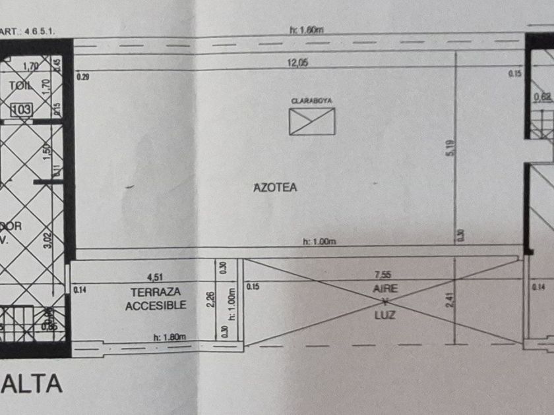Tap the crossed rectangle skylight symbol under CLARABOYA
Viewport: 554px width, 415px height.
tap(311, 121)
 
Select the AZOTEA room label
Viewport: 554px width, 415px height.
tap(275, 187)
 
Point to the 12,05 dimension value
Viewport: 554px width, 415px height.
tap(297, 63)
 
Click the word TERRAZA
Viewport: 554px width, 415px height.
tap(156, 292)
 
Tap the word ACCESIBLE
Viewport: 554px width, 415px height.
tap(156, 305)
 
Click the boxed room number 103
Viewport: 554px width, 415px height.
tap(21, 109)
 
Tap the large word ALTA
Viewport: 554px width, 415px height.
tap(32, 383)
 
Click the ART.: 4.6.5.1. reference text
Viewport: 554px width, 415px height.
tap(20, 30)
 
